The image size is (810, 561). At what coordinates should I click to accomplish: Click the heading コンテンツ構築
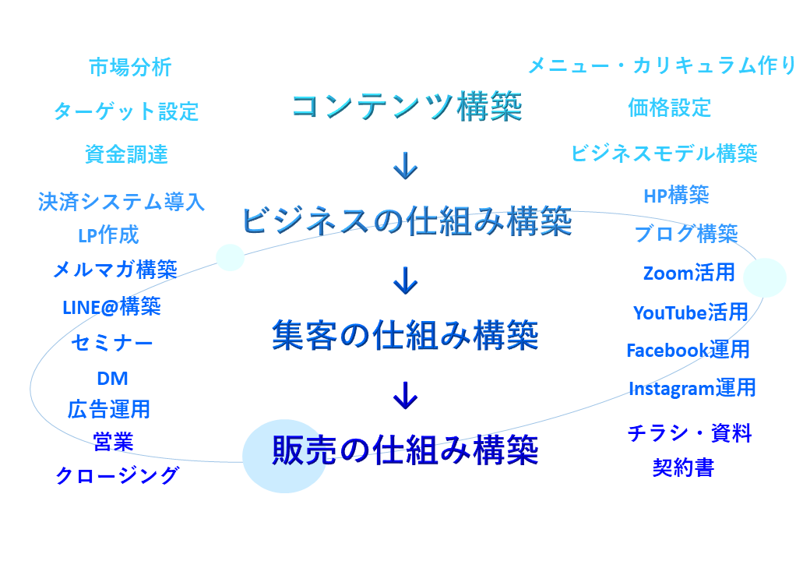(407, 107)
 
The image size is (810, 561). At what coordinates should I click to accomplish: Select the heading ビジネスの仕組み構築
(407, 221)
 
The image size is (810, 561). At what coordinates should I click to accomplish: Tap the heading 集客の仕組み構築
(406, 335)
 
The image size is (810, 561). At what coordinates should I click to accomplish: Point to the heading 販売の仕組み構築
(406, 450)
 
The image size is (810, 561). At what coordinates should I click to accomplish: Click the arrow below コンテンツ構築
(406, 166)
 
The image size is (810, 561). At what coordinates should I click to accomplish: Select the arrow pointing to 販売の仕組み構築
(406, 395)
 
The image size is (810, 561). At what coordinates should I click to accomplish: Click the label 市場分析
(130, 67)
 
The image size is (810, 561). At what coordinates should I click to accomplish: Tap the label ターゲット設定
(126, 111)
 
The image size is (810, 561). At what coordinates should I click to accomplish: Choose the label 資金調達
(126, 154)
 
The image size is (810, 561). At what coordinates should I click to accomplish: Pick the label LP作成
(108, 235)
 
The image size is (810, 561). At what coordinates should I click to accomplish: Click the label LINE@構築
(111, 307)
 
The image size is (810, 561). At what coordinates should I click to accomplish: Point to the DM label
(113, 379)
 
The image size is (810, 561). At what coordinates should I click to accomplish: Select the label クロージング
(118, 475)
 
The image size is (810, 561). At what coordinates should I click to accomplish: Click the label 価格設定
(670, 108)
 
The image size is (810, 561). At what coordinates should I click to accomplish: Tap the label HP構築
(676, 196)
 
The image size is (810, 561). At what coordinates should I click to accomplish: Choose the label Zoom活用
(689, 273)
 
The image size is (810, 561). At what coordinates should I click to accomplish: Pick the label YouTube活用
(691, 312)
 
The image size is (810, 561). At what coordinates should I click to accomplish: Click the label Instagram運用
(692, 388)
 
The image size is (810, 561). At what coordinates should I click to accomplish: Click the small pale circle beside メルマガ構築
(230, 257)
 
